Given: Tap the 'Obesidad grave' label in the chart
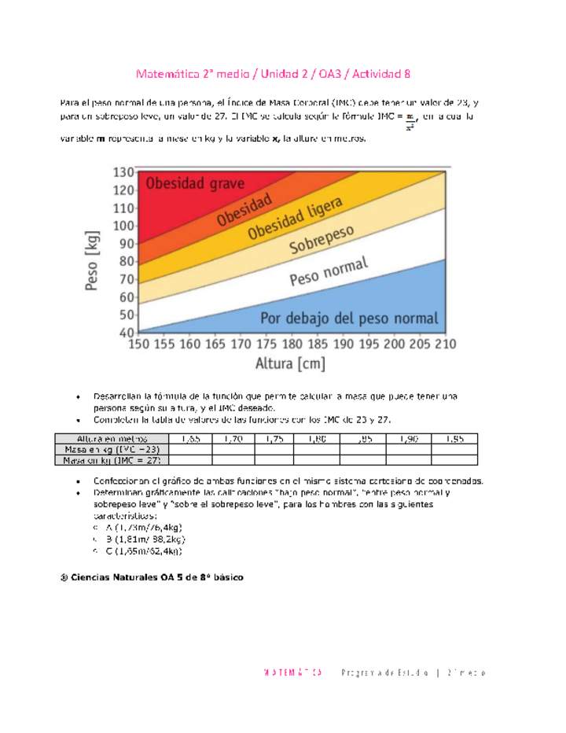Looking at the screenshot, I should coord(195,185).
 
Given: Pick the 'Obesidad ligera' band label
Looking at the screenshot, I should coord(295,219).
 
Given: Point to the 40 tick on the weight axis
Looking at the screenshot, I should coord(126,333).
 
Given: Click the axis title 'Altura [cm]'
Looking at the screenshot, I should coord(290,364).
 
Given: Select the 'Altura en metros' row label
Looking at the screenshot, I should coord(111,438).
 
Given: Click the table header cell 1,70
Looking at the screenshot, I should coord(233,438).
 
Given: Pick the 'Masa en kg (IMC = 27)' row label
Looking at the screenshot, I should coord(111,460).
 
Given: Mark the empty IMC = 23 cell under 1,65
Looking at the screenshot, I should coord(189,449).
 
